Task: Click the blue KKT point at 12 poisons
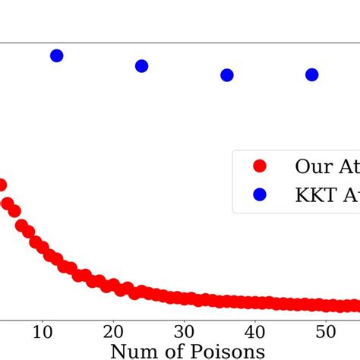(x=56, y=55)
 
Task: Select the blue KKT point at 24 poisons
(x=141, y=66)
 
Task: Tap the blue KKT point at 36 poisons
(x=226, y=75)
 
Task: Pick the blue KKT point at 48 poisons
(x=311, y=74)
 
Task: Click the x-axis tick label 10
(x=43, y=331)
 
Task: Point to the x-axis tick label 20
(x=113, y=331)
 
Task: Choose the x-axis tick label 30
(x=184, y=331)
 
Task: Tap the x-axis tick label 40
(x=254, y=331)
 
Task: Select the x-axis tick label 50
(x=325, y=331)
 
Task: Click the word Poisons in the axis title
(x=227, y=351)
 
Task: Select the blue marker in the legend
(x=260, y=194)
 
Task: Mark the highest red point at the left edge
(x=2, y=185)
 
